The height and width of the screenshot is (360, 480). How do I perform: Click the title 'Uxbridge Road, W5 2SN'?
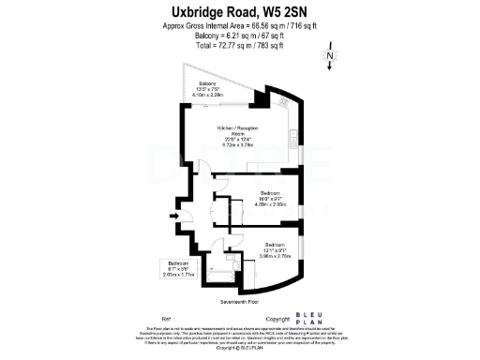tap(240, 12)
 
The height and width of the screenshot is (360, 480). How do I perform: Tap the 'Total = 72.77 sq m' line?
tap(239, 45)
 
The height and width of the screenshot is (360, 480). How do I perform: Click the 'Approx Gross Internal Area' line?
tap(239, 27)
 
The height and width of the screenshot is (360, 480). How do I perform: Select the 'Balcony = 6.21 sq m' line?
tap(239, 37)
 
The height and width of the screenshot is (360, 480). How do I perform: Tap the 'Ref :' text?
tap(167, 319)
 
